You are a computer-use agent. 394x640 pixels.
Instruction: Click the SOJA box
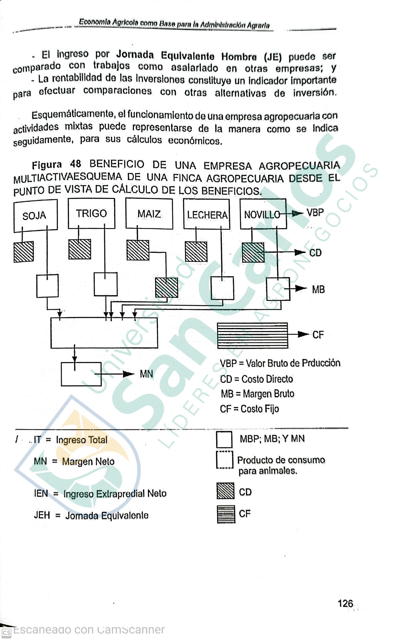pyautogui.click(x=35, y=216)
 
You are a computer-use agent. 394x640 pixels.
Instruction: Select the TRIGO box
pyautogui.click(x=91, y=214)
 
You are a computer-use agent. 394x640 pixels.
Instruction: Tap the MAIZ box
pyautogui.click(x=149, y=214)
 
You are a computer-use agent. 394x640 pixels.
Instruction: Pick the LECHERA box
pyautogui.click(x=207, y=214)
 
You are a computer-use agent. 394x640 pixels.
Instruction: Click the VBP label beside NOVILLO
pyautogui.click(x=315, y=213)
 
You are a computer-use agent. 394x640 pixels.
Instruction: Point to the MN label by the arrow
pyautogui.click(x=146, y=374)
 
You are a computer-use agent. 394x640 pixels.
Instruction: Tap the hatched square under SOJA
pyautogui.click(x=24, y=252)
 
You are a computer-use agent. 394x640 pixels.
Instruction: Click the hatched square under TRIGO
pyautogui.click(x=80, y=249)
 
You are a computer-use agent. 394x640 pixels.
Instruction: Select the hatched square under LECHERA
pyautogui.click(x=196, y=252)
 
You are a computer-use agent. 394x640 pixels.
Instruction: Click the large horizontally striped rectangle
pyautogui.click(x=253, y=335)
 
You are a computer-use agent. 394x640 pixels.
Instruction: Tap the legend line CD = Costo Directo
pyautogui.click(x=256, y=379)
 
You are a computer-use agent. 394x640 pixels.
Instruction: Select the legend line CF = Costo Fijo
pyautogui.click(x=249, y=409)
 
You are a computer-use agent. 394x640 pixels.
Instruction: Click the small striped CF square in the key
pyautogui.click(x=226, y=514)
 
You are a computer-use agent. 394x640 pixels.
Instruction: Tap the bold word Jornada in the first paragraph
pyautogui.click(x=135, y=54)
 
